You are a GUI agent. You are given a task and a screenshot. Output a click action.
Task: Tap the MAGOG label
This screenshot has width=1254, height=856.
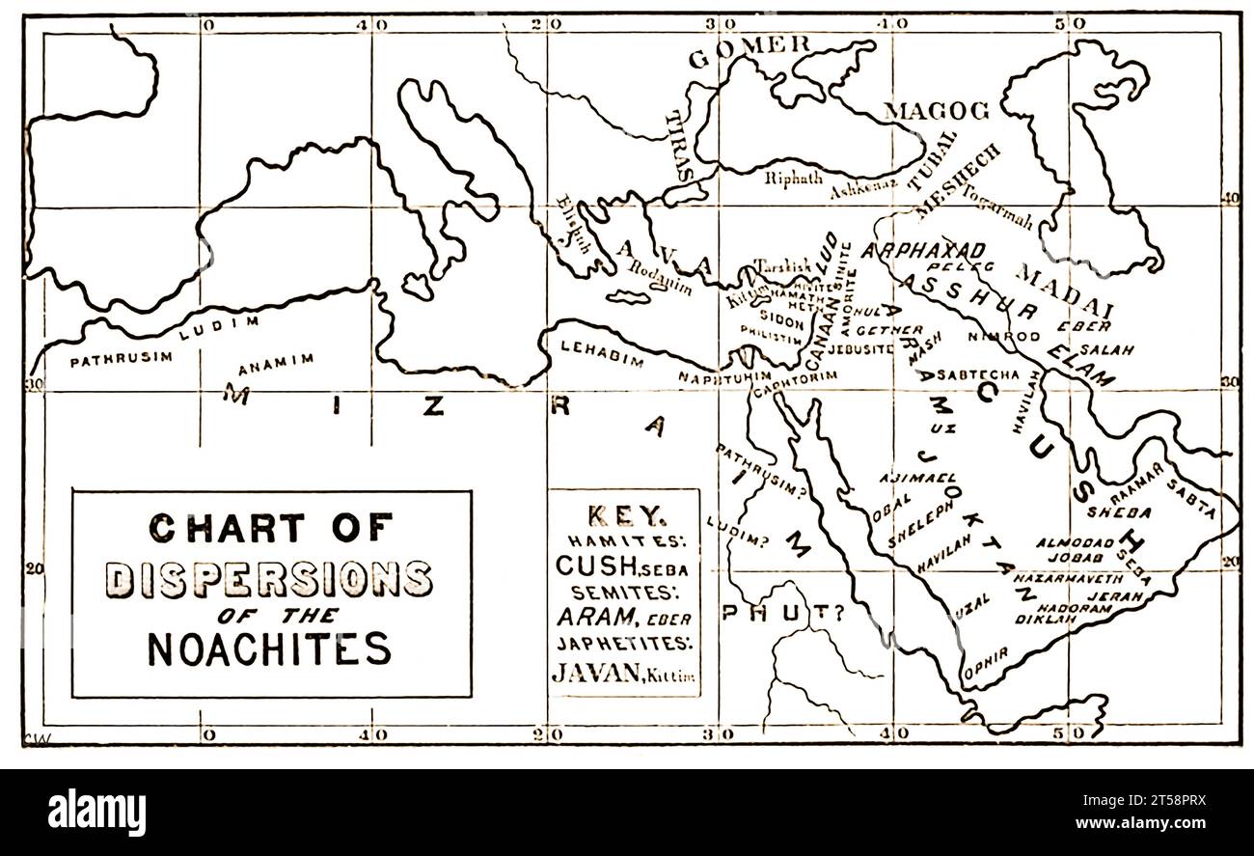pos(937,111)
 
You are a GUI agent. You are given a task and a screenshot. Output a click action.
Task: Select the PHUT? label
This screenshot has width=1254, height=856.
pos(781,612)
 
